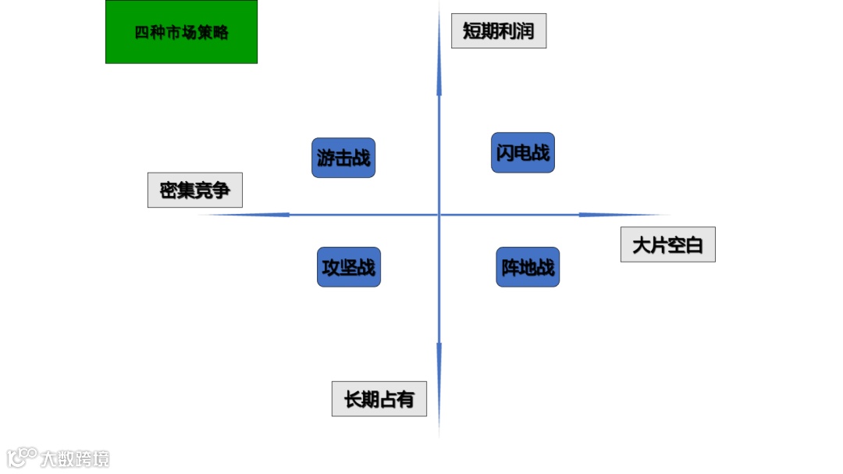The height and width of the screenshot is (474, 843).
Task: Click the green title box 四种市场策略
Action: [181, 32]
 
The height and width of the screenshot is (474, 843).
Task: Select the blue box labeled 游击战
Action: [343, 158]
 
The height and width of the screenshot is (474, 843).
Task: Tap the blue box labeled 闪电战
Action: [523, 152]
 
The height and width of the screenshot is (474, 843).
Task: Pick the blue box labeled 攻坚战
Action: [349, 267]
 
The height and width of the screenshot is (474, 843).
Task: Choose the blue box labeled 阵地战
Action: [528, 267]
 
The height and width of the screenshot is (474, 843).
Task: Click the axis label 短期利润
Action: [499, 31]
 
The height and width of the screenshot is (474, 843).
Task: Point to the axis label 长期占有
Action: [379, 399]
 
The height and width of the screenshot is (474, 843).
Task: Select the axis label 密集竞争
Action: [195, 190]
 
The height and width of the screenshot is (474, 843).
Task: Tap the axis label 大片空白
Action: [668, 244]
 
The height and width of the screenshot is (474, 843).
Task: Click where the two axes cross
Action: [439, 215]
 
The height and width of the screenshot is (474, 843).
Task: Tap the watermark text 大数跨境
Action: [76, 458]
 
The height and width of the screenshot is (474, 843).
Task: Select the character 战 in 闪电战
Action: [540, 152]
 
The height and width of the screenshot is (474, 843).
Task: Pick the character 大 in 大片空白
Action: [642, 245]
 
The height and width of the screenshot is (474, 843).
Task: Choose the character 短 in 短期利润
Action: [472, 31]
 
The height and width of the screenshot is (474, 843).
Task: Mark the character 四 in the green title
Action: [140, 33]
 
